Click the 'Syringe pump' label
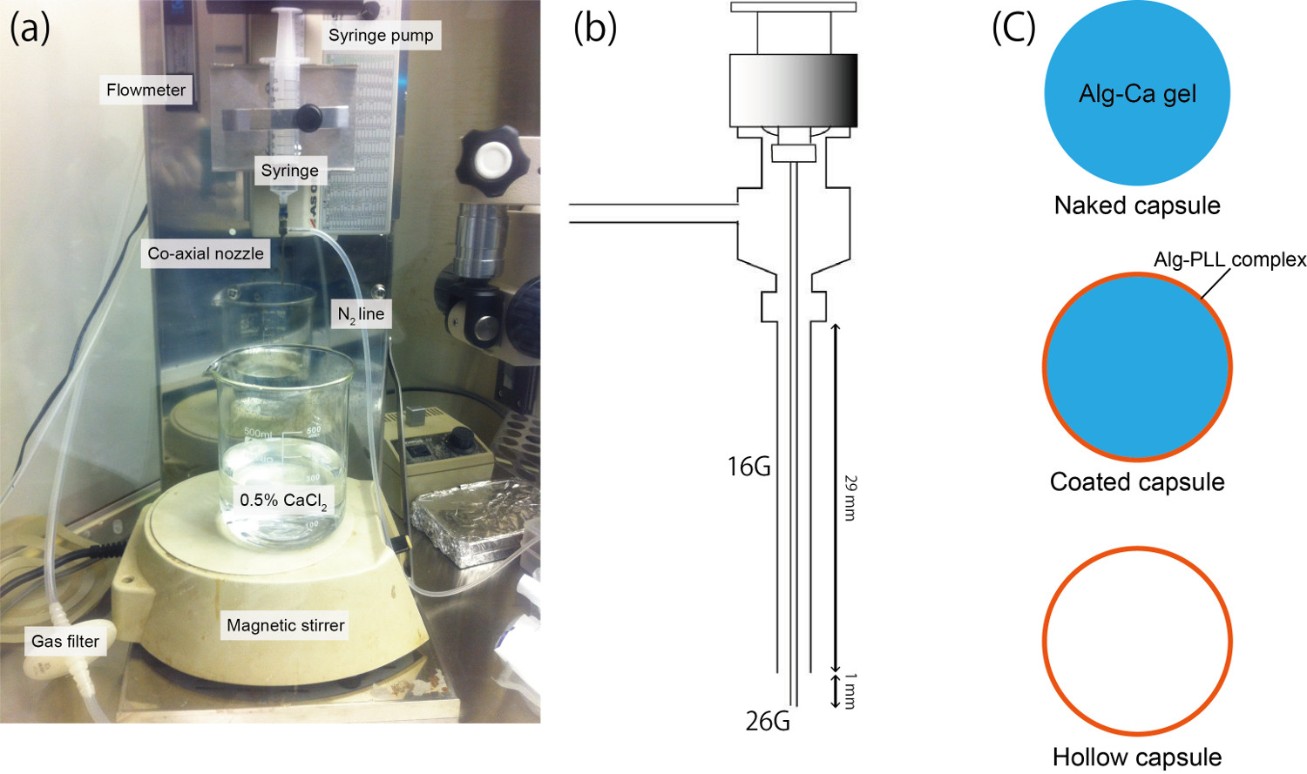(x=381, y=36)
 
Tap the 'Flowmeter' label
(x=146, y=90)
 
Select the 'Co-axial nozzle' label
(x=206, y=253)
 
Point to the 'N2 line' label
(x=361, y=314)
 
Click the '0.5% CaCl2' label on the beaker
(x=283, y=501)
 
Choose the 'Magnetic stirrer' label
(x=285, y=625)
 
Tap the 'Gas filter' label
(x=65, y=642)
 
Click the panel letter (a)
(x=30, y=29)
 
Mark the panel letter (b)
(x=595, y=29)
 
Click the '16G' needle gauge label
(x=749, y=467)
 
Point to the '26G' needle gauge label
(x=768, y=721)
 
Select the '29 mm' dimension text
(x=850, y=498)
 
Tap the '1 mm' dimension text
(x=850, y=690)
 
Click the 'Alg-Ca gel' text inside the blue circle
(x=1137, y=94)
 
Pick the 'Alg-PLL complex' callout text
(x=1229, y=259)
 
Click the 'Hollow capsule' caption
(x=1137, y=757)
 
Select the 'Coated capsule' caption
(x=1137, y=481)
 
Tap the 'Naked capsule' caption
(x=1137, y=205)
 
